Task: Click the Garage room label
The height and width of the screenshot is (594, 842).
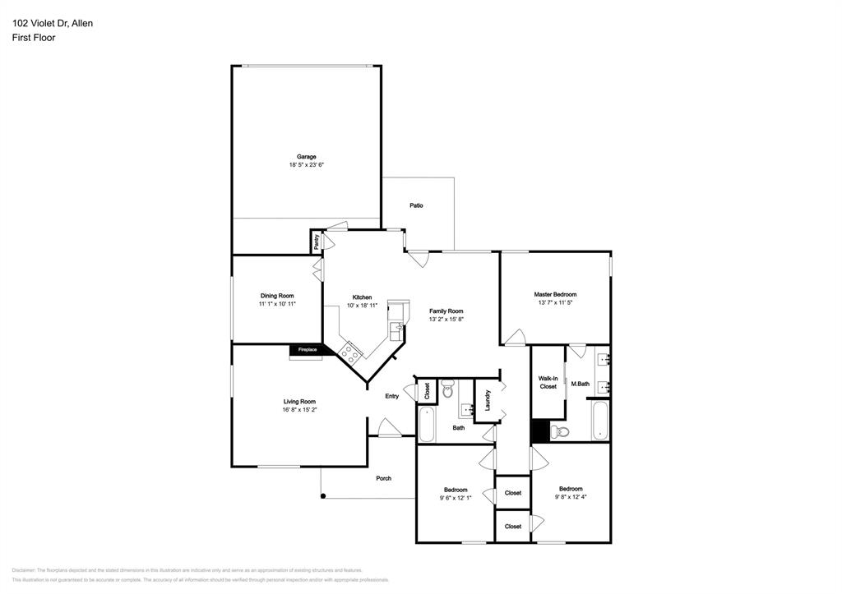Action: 306,156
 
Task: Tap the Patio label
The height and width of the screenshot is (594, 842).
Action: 417,205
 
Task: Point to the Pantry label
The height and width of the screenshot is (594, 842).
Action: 317,242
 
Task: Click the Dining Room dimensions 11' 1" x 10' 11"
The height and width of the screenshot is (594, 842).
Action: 276,304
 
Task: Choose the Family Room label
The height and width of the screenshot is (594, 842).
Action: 446,311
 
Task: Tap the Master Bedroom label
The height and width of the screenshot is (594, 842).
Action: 555,294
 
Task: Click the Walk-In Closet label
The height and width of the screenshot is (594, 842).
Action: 548,382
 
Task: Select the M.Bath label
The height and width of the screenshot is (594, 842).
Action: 580,384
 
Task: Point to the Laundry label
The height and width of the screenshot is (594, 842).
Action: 488,400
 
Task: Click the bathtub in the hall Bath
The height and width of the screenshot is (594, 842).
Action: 427,425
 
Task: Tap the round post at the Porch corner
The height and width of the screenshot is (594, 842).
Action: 323,495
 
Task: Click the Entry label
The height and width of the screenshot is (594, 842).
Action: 392,397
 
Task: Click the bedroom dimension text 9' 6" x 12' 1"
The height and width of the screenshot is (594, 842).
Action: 456,497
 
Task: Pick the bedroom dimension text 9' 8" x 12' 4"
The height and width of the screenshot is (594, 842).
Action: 571,495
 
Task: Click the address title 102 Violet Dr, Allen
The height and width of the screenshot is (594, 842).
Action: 53,23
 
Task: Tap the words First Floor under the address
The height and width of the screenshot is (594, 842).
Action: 34,38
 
